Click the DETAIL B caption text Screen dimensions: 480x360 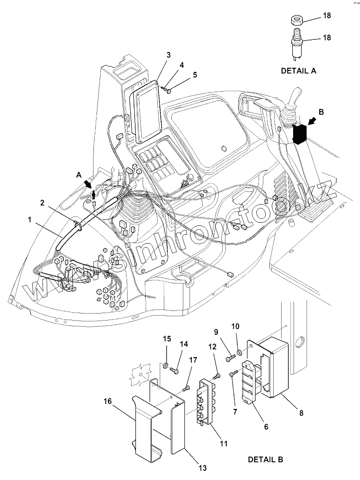click(265, 460)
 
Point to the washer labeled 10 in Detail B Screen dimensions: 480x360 click(240, 352)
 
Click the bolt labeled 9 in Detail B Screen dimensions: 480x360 click(229, 357)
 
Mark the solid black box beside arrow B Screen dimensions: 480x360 click(300, 134)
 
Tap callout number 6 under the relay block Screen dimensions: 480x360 click(266, 427)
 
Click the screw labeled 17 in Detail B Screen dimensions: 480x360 click(186, 389)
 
